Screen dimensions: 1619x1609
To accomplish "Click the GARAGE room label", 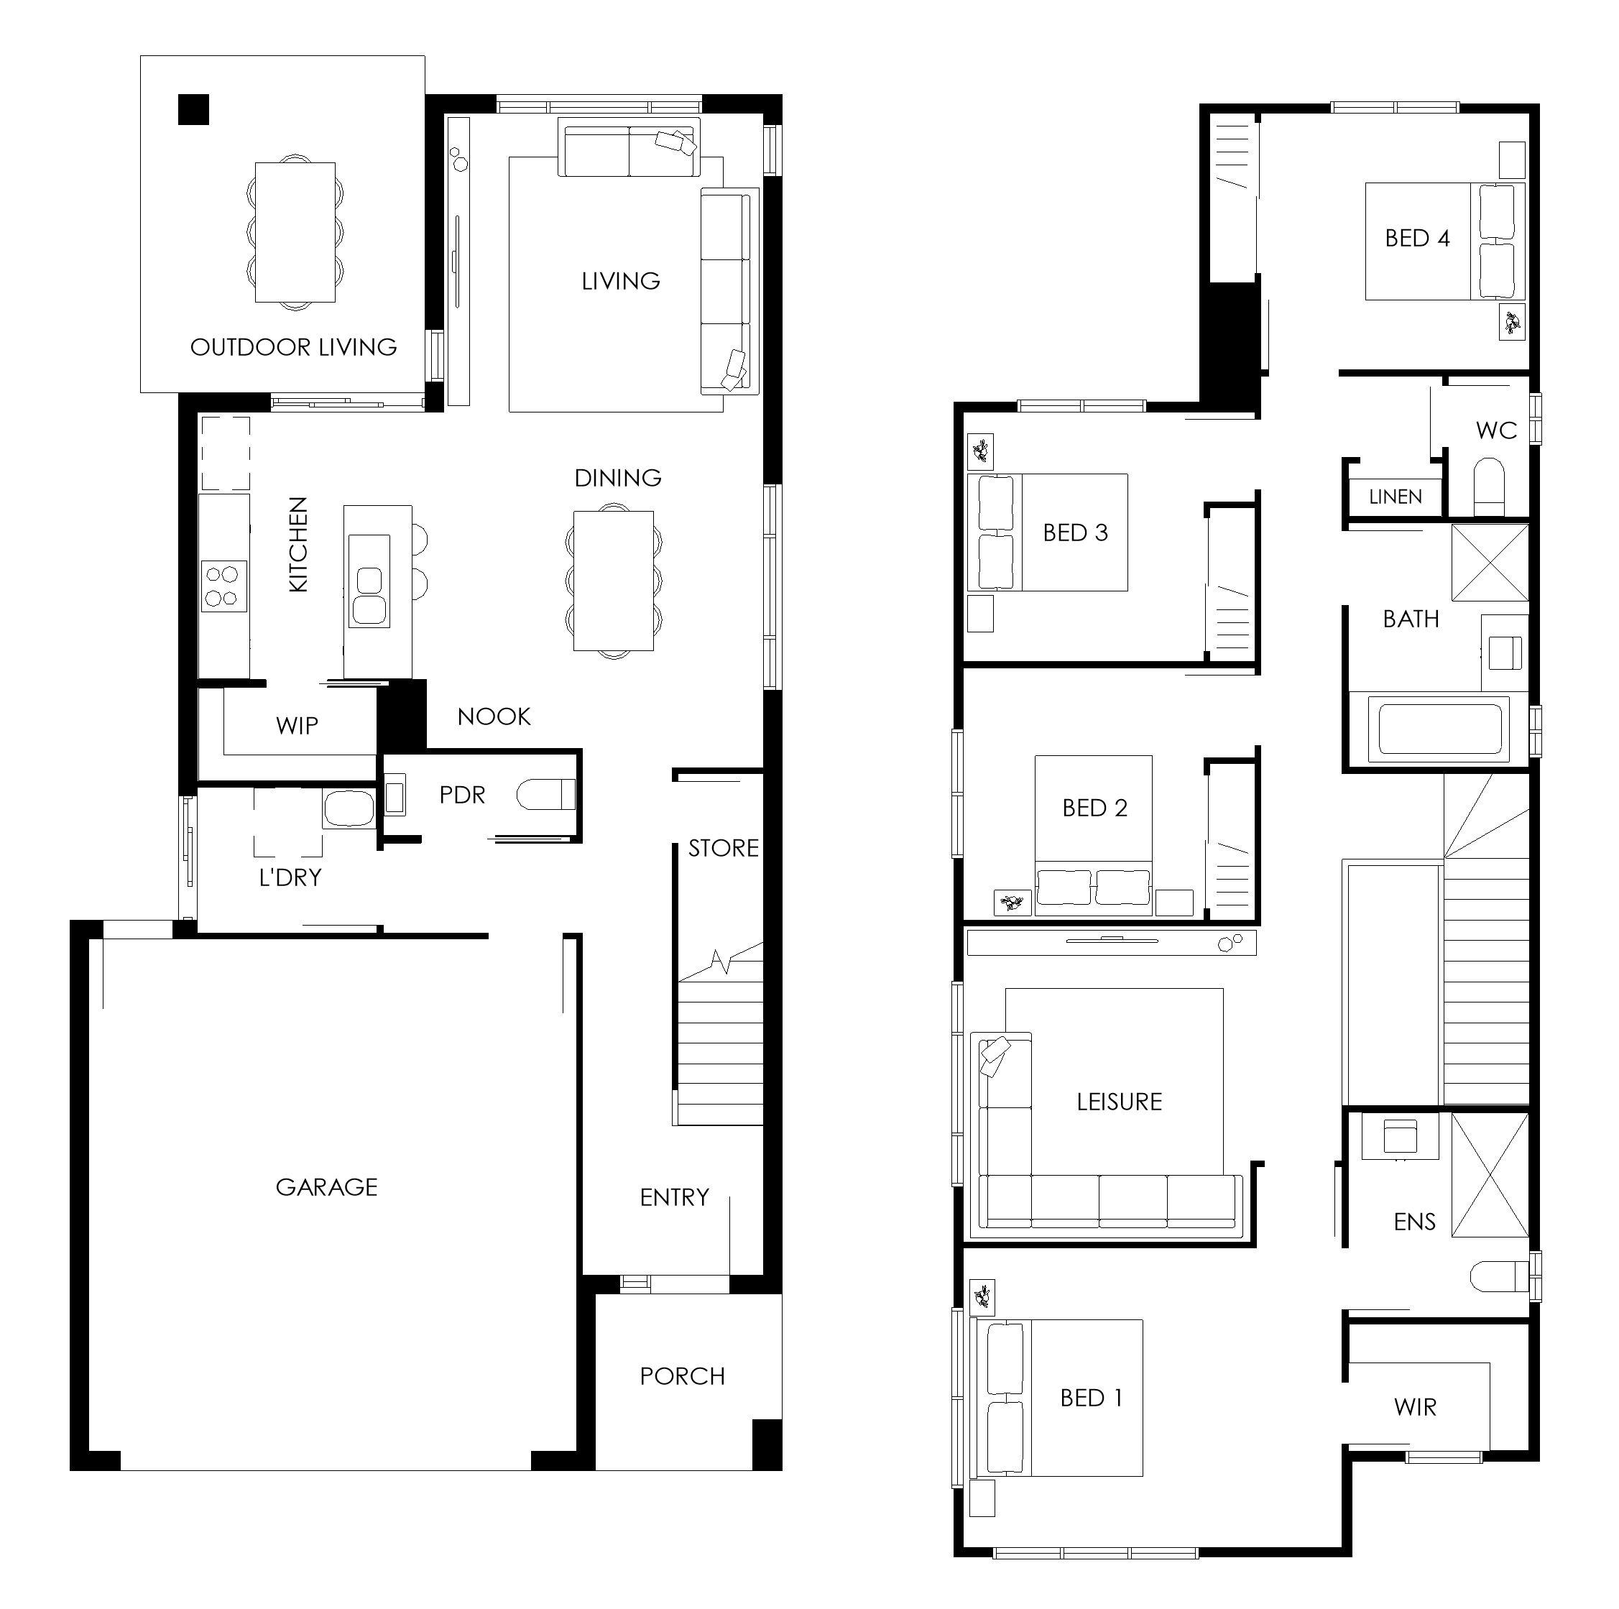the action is [327, 1186].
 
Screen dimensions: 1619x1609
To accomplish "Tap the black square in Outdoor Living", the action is [193, 110].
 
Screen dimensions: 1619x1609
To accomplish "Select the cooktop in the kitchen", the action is [223, 586].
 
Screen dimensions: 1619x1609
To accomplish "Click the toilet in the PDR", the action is [545, 795].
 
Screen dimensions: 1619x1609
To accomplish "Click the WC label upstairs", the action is [1496, 430].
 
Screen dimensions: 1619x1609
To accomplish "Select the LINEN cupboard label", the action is [1396, 497].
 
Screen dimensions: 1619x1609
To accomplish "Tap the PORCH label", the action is [682, 1376].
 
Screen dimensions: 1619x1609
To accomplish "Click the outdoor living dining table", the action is [295, 232].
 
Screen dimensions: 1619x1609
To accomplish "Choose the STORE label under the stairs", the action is [723, 848].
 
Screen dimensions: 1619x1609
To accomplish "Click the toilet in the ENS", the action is [1500, 1277].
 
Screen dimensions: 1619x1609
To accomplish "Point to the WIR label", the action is [1416, 1407].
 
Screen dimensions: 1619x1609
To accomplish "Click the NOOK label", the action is [494, 716].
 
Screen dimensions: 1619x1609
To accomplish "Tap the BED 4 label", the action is [1417, 238].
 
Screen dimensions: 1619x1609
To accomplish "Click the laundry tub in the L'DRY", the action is [348, 808].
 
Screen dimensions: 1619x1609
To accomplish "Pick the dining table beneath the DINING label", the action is [614, 581].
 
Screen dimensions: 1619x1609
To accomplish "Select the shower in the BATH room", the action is [1490, 562].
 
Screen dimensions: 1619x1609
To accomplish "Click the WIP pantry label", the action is [297, 726].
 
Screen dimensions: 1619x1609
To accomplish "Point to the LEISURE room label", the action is [1119, 1102].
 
